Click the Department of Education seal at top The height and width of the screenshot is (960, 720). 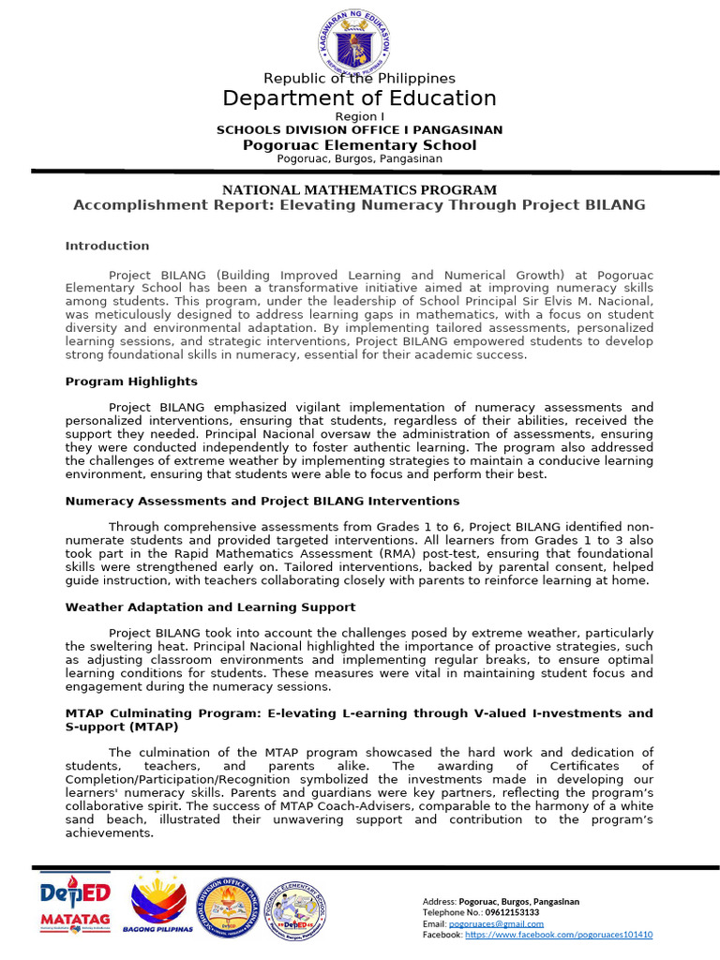[359, 41]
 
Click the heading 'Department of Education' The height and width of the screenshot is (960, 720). [359, 98]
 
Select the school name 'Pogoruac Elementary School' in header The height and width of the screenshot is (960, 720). [359, 145]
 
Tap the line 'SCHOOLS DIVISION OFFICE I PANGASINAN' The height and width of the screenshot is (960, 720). [359, 130]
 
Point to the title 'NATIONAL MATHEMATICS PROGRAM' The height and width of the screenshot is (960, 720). [359, 189]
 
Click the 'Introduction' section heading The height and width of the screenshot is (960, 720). [107, 246]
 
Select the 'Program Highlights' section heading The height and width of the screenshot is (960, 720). [131, 382]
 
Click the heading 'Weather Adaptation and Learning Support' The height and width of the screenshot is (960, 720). [210, 607]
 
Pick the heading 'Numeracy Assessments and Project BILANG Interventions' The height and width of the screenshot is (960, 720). [262, 502]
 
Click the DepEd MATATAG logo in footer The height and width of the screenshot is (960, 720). [75, 906]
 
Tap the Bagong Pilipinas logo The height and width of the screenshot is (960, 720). [157, 906]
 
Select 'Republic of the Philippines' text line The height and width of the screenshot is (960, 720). [359, 79]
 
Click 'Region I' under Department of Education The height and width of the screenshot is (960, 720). [359, 116]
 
